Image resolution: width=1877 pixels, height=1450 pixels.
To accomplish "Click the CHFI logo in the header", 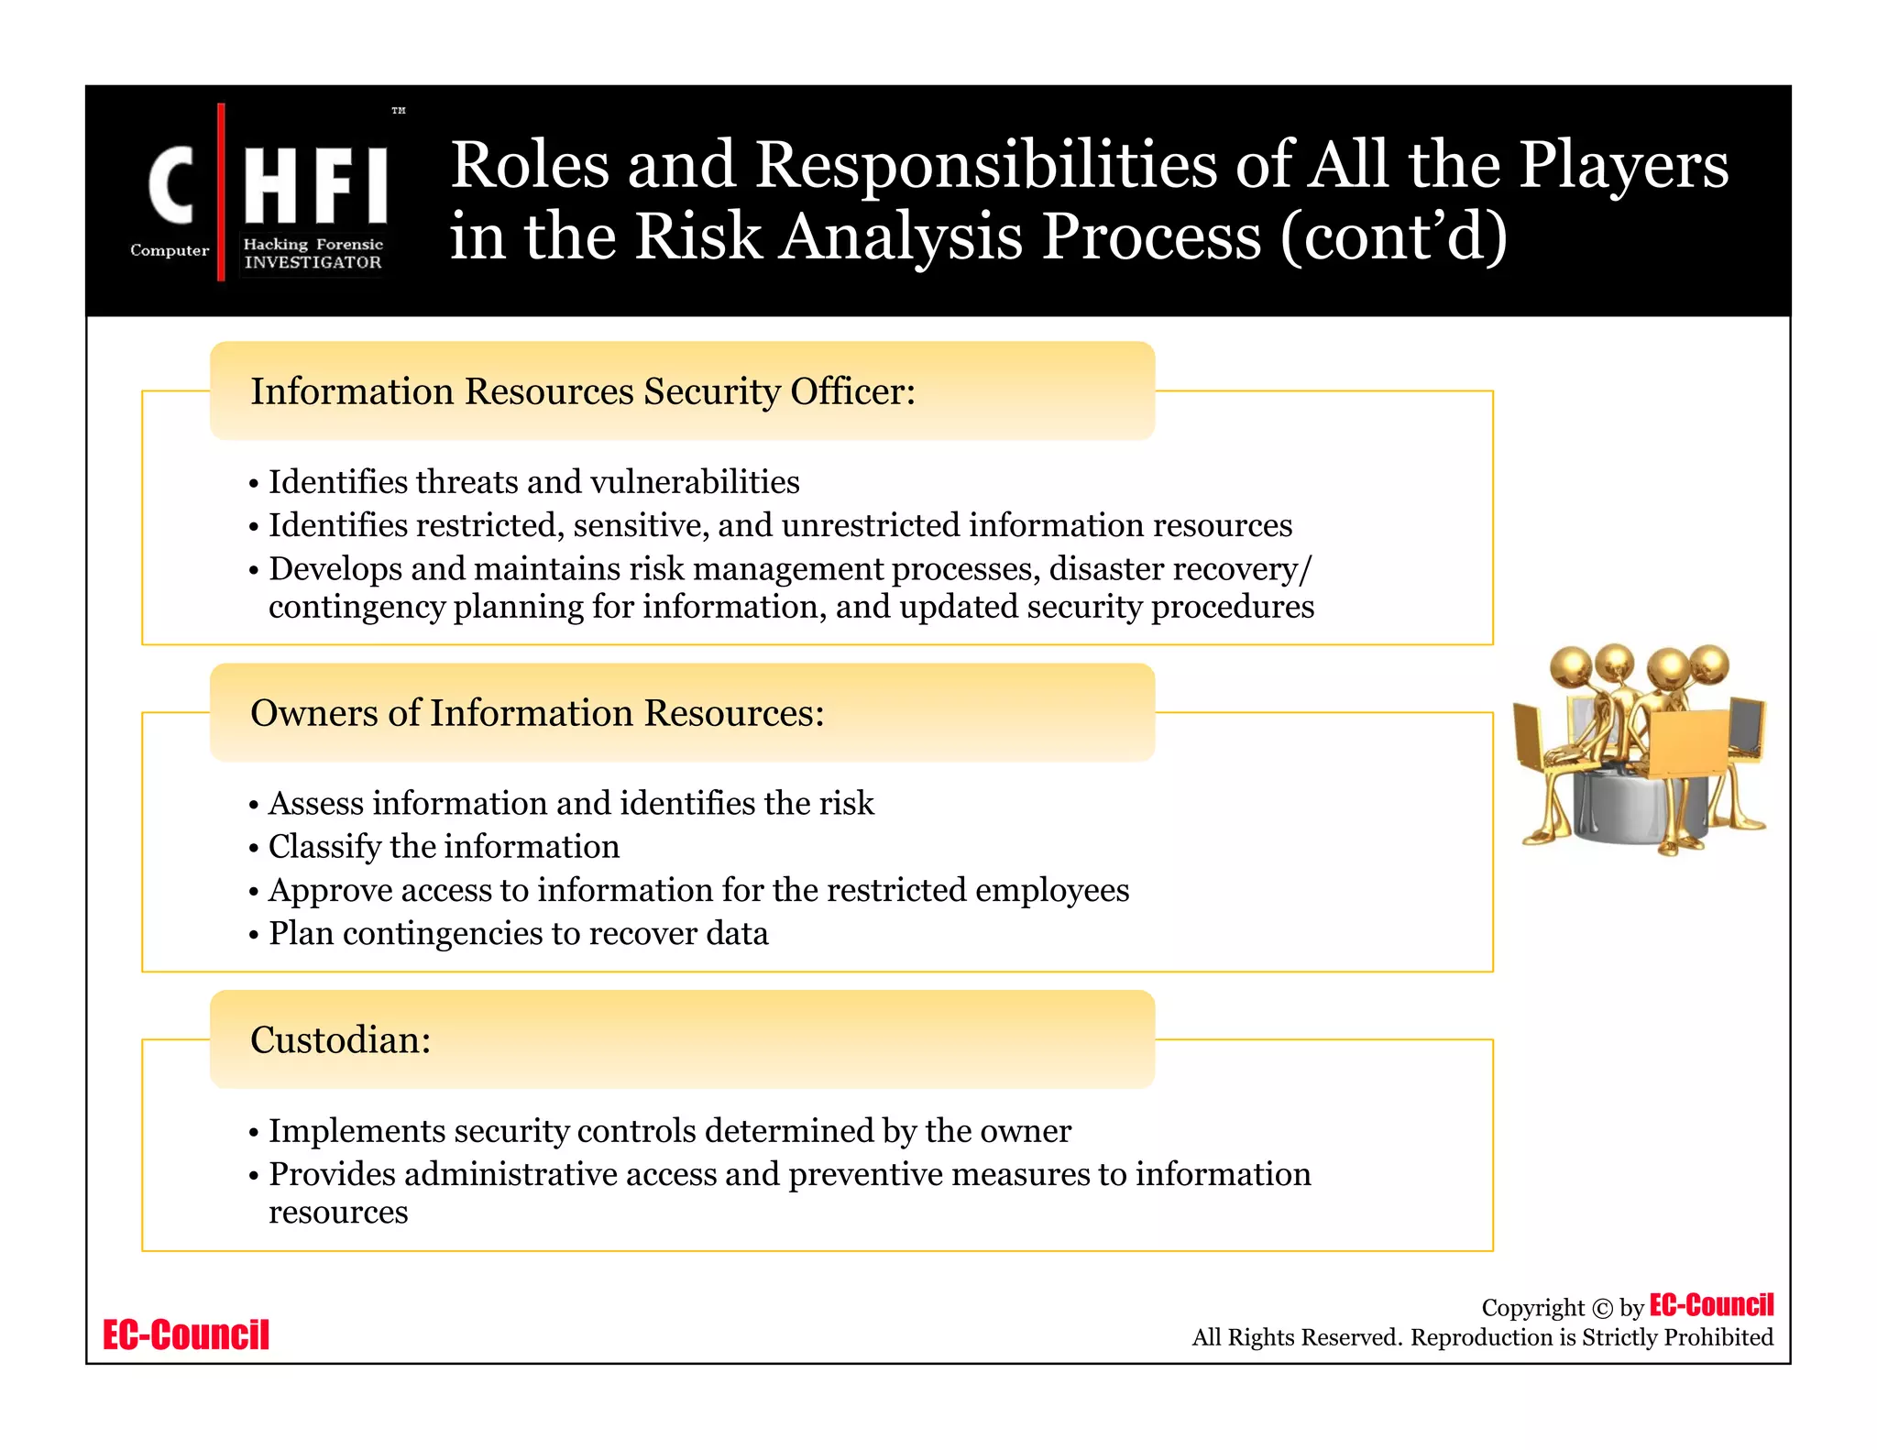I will pyautogui.click(x=266, y=192).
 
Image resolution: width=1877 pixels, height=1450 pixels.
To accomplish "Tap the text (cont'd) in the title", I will pyautogui.click(x=1393, y=236).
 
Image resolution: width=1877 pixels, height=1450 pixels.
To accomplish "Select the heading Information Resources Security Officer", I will pyautogui.click(x=583, y=391).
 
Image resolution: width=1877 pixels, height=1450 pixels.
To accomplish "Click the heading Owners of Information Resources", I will pyautogui.click(x=537, y=713).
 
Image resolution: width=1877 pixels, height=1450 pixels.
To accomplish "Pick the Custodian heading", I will pyautogui.click(x=340, y=1040).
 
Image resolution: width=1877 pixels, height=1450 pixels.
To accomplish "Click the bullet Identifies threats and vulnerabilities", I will pyautogui.click(x=533, y=482).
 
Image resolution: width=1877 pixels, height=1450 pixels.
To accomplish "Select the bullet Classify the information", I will pyautogui.click(x=444, y=847).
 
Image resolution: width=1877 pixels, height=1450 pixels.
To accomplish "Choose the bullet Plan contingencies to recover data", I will pyautogui.click(x=518, y=934).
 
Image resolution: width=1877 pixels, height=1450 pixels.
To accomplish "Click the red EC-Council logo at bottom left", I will pyautogui.click(x=186, y=1335).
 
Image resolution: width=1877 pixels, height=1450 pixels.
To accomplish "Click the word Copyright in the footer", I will pyautogui.click(x=1532, y=1308).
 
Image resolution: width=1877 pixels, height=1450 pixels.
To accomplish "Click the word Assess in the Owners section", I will pyautogui.click(x=315, y=804).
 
